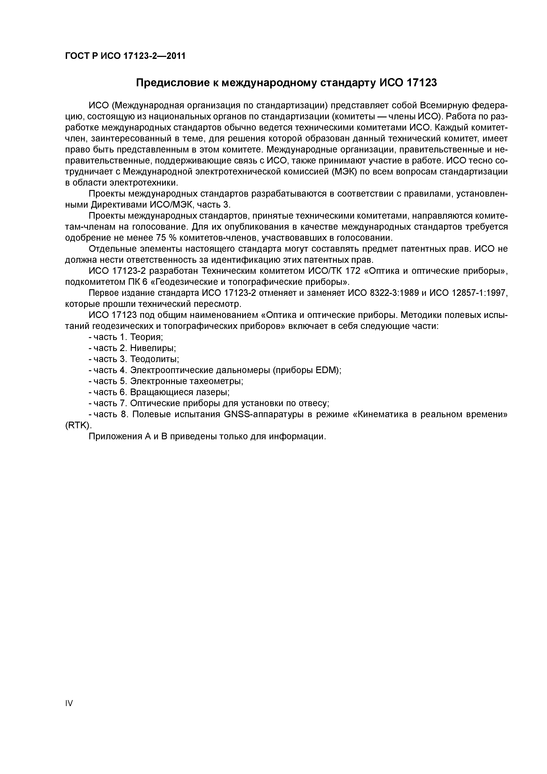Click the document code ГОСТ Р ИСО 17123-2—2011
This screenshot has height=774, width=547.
coord(125,56)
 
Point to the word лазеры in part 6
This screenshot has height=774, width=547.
coord(211,392)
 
